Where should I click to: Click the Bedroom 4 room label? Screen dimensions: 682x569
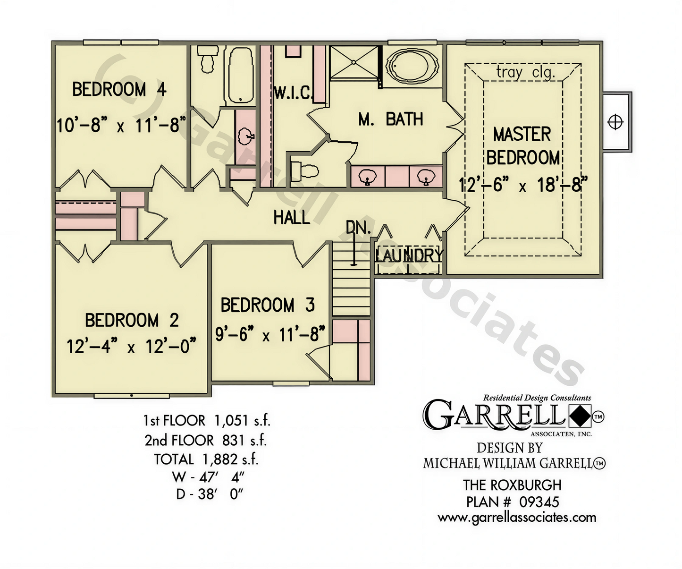pyautogui.click(x=119, y=89)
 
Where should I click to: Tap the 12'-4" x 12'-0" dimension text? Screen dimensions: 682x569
pyautogui.click(x=131, y=346)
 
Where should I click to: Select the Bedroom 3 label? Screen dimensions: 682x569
pyautogui.click(x=268, y=305)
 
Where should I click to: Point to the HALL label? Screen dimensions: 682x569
pyautogui.click(x=291, y=217)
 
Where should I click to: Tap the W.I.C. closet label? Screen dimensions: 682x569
pyautogui.click(x=294, y=93)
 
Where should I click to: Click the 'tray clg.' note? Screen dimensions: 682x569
pyautogui.click(x=525, y=72)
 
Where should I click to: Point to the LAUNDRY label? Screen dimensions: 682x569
pyautogui.click(x=409, y=255)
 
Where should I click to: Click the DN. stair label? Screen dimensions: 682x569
pyautogui.click(x=358, y=227)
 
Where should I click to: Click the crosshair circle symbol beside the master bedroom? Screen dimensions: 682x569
pyautogui.click(x=615, y=122)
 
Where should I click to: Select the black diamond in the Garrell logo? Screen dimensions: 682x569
pyautogui.click(x=580, y=416)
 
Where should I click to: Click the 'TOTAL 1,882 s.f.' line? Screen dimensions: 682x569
pyautogui.click(x=206, y=459)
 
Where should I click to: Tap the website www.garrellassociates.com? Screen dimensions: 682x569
pyautogui.click(x=517, y=518)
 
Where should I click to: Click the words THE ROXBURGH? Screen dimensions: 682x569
pyautogui.click(x=512, y=485)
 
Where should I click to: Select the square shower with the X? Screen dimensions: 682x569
pyautogui.click(x=354, y=63)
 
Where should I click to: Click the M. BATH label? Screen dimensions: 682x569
pyautogui.click(x=391, y=119)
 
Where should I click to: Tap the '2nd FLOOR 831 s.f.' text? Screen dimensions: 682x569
pyautogui.click(x=206, y=440)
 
